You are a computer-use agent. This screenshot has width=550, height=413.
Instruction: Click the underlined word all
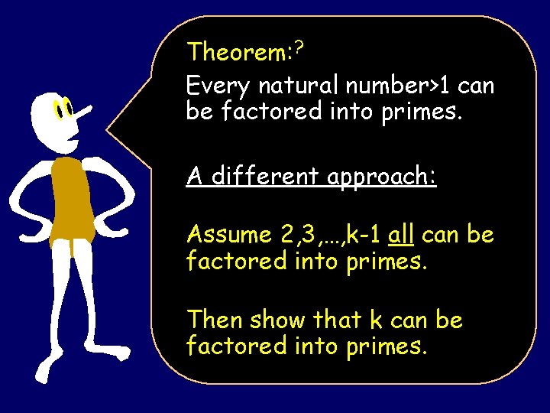pyautogui.click(x=401, y=235)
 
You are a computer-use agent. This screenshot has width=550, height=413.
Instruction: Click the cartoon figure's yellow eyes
pyautogui.click(x=63, y=111)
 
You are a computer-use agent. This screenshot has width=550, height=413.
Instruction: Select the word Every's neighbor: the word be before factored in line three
pyautogui.click(x=200, y=112)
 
